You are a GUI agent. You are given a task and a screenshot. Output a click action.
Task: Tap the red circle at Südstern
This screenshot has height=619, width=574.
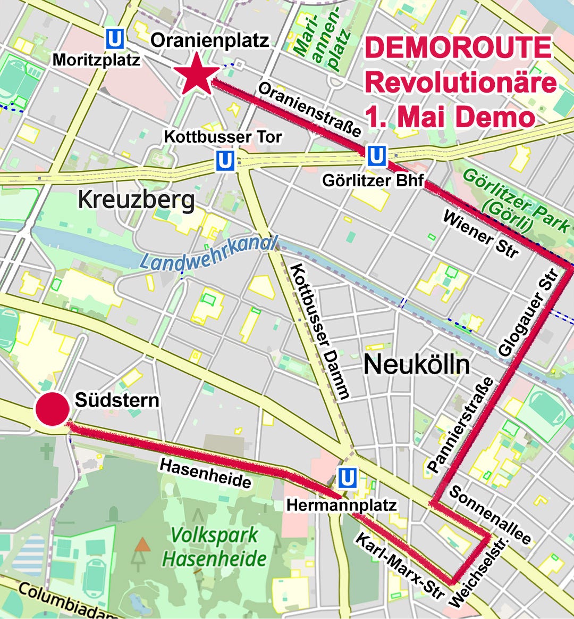[52, 409]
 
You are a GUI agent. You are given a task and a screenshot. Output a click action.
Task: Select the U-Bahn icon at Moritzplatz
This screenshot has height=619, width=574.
[115, 38]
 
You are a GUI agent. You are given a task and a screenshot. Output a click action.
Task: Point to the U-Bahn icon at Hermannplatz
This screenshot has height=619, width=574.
[348, 478]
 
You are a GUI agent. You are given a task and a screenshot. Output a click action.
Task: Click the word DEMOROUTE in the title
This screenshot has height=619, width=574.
[458, 48]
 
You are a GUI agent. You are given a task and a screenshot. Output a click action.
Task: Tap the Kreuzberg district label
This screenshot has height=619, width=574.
[136, 201]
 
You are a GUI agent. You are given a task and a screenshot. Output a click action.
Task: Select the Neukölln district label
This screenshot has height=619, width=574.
[417, 365]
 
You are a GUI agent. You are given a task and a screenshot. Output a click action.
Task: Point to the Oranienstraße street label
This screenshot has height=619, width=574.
[310, 109]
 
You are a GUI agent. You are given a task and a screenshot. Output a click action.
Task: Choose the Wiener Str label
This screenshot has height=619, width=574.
[480, 235]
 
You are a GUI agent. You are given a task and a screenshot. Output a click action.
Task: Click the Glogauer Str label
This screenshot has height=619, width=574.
[529, 312]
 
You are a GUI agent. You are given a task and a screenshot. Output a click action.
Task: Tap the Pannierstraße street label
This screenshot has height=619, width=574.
[460, 425]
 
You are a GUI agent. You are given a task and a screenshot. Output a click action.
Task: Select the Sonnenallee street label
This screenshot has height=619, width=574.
[490, 514]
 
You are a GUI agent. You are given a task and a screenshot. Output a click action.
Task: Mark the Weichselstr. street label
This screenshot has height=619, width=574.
[479, 572]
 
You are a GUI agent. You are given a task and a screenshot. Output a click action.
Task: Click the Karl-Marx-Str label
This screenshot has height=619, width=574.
[399, 565]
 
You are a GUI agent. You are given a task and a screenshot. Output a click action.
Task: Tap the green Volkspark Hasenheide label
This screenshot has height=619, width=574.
[214, 547]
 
